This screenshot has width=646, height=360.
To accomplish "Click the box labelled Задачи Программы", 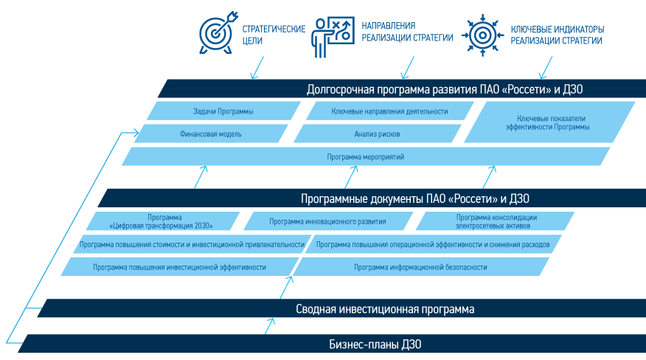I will click(223, 111).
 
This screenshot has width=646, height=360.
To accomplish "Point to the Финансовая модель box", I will click(211, 134).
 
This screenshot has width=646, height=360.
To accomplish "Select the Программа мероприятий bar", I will click(366, 157).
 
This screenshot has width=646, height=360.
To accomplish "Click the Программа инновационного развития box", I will click(327, 221).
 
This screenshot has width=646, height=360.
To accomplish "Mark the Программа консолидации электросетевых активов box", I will click(496, 221).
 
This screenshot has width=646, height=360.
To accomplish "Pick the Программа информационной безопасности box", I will click(420, 267).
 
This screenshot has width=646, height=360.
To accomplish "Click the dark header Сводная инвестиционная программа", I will click(385, 309).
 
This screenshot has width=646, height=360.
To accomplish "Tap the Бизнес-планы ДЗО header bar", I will click(375, 345).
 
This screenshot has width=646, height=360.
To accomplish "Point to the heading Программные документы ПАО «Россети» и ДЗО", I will click(414, 198).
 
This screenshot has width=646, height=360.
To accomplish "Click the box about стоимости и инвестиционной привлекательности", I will click(192, 244).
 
